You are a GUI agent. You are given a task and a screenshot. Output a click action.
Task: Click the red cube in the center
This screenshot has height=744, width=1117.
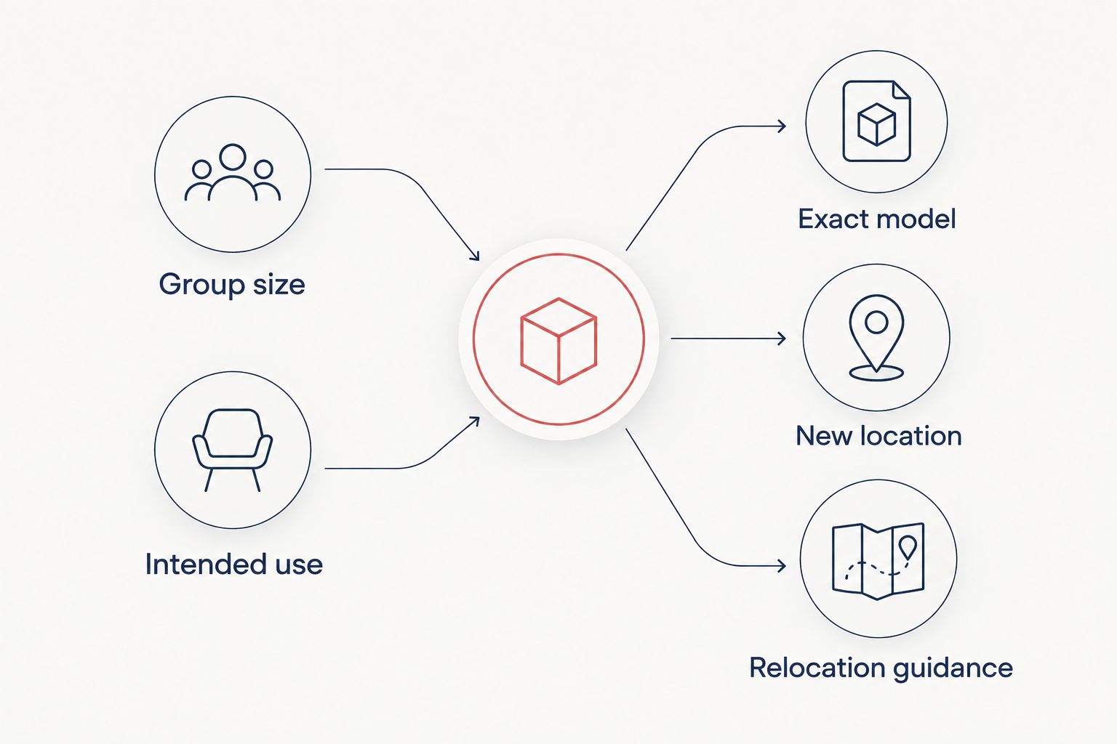(558, 341)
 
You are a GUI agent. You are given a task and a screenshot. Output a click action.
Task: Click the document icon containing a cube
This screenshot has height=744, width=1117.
(876, 121)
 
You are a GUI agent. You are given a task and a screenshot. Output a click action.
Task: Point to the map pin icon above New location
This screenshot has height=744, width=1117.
(876, 338)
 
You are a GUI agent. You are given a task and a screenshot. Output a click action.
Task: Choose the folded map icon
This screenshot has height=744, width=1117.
(878, 561)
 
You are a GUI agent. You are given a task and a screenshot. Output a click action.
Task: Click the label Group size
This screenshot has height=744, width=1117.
(232, 285)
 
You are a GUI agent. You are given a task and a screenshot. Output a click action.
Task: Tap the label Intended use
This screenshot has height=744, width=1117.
(234, 564)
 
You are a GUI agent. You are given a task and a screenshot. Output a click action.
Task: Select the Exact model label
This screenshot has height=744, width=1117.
(876, 219)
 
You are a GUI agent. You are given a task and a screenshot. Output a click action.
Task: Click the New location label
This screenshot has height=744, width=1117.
(878, 436)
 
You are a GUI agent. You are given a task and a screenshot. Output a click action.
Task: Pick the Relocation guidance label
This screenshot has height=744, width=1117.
(881, 668)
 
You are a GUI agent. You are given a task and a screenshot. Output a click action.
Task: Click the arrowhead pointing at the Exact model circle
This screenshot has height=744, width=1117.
(782, 126)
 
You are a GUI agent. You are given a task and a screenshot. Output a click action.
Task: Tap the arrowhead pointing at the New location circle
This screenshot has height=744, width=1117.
(782, 339)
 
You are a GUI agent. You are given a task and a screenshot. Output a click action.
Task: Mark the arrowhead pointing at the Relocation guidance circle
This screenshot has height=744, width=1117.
(782, 565)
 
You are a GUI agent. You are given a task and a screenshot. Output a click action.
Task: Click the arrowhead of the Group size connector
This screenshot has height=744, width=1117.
(475, 256)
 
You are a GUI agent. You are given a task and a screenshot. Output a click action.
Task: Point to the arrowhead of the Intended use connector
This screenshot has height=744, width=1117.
(475, 421)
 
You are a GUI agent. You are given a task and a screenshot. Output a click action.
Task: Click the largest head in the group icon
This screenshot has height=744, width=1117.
(233, 157)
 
